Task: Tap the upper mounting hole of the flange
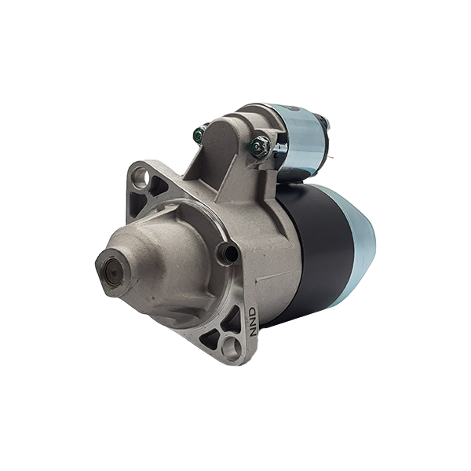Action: (143, 177)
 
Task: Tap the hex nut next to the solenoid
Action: (260, 146)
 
